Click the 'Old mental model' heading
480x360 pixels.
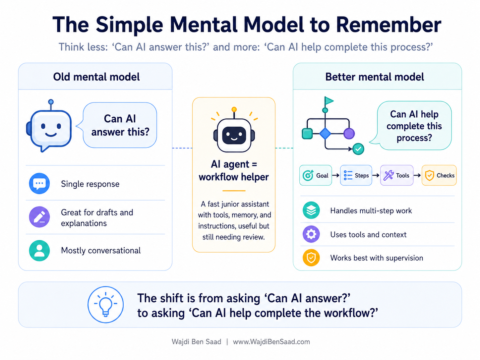[96, 77]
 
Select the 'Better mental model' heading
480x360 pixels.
[374, 77]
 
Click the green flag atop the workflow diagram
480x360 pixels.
[329, 101]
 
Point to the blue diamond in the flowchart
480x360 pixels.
[325, 134]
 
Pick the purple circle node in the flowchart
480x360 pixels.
[349, 134]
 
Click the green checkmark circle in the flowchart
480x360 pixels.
[358, 149]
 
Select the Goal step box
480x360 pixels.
[316, 175]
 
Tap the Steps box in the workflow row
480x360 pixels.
[356, 175]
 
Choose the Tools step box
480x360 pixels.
[397, 175]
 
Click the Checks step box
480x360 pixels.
[439, 175]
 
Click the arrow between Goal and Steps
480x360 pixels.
[336, 175]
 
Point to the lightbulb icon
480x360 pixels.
[106, 305]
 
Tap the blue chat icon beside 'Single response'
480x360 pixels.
[39, 183]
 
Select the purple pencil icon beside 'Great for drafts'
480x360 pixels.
[39, 217]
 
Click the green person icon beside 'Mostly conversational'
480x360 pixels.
[39, 251]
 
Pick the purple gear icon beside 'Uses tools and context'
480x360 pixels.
[311, 234]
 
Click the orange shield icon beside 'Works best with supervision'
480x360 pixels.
[311, 258]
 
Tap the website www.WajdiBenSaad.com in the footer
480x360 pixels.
[271, 342]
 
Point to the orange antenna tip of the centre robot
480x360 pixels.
[234, 109]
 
